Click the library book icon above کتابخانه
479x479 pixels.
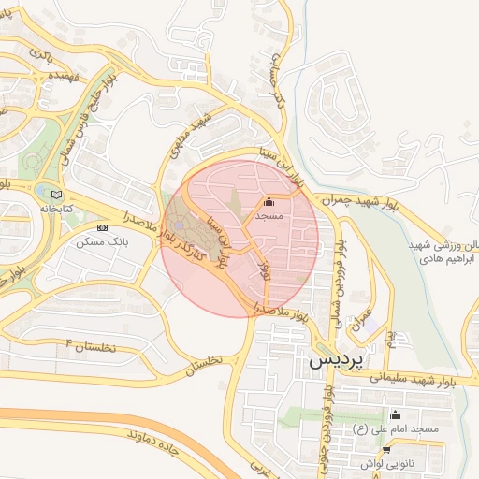(58, 194)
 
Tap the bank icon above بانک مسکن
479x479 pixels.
(102, 227)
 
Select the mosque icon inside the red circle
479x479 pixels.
(269, 201)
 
